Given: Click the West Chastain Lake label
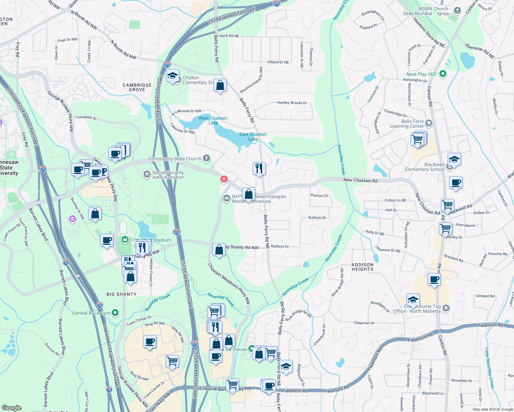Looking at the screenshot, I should click(x=213, y=121).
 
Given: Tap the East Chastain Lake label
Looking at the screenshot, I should click(x=253, y=137).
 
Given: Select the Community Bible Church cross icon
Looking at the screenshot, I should click(x=206, y=158).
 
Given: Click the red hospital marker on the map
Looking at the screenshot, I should click(x=224, y=179).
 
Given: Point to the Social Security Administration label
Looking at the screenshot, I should click(x=168, y=175).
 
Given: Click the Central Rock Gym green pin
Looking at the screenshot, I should click(x=115, y=313).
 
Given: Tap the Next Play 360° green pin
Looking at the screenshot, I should click(x=443, y=73).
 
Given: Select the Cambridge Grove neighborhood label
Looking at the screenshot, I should click(x=137, y=87).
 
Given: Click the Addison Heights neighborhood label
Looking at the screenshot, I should click(x=362, y=267).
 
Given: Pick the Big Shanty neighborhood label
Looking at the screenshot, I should click(x=121, y=294).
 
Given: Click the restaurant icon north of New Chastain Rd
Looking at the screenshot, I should click(x=259, y=168).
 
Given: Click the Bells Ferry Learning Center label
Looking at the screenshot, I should click(x=407, y=124).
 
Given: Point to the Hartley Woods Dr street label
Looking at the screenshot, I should click(x=292, y=103).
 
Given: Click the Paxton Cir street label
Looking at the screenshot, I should click(x=320, y=195).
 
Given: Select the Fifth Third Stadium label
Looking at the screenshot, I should click(x=150, y=240).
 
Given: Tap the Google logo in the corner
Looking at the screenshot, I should click(x=11, y=408).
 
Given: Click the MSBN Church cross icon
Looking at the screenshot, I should click(x=457, y=10).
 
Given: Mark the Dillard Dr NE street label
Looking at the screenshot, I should click(x=278, y=62).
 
